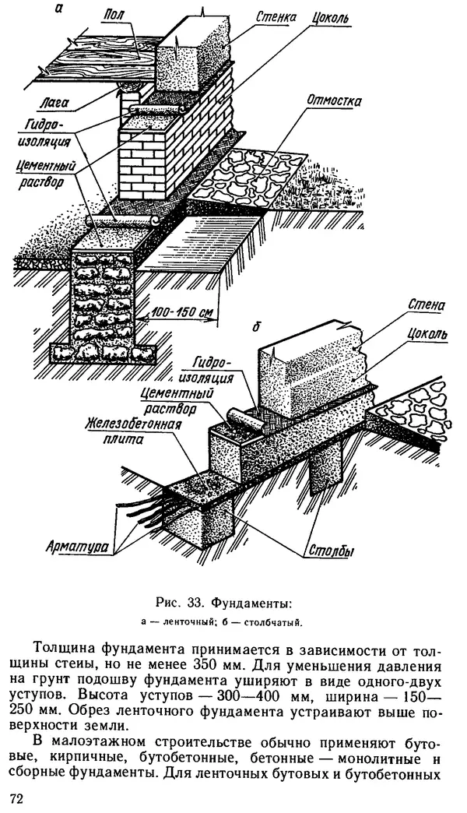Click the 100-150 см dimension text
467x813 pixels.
click(183, 312)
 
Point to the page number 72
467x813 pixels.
click(17, 799)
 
